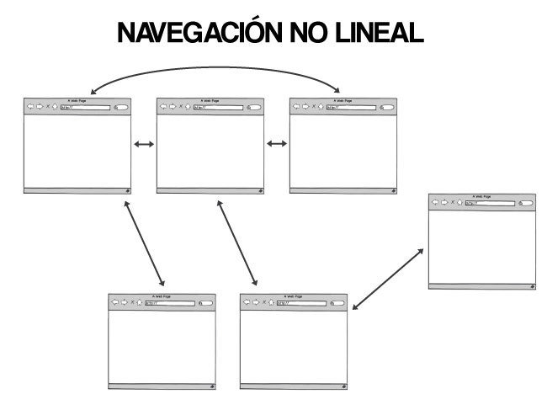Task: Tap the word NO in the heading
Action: (x=312, y=33)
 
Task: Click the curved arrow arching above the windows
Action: (x=215, y=68)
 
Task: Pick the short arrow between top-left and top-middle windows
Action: (x=144, y=145)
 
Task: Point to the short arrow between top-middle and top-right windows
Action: (x=276, y=145)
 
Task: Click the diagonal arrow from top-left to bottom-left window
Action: (x=143, y=243)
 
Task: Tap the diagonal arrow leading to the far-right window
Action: (x=388, y=278)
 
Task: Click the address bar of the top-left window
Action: (x=84, y=107)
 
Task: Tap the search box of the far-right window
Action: (x=525, y=203)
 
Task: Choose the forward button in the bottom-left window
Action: (x=123, y=301)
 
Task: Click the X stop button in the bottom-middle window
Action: (x=263, y=301)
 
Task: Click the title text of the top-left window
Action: (x=77, y=100)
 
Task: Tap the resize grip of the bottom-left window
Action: (x=211, y=386)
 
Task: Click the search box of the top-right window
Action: (x=385, y=107)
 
